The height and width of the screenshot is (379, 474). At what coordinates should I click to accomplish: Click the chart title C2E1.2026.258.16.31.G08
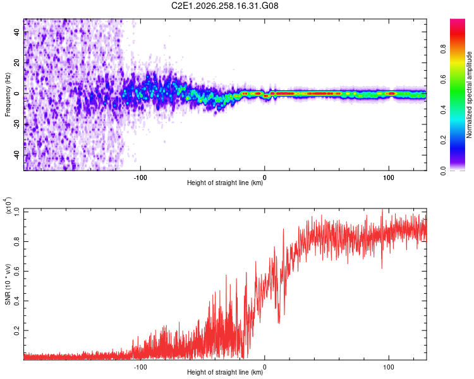pyautogui.click(x=224, y=6)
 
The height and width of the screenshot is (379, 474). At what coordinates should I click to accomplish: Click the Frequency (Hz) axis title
pyautogui.click(x=8, y=95)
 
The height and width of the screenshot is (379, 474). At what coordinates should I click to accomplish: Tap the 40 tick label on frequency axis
pyautogui.click(x=16, y=32)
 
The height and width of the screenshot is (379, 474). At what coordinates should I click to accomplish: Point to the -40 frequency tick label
pyautogui.click(x=16, y=155)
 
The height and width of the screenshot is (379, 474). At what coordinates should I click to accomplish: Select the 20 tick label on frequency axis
pyautogui.click(x=16, y=63)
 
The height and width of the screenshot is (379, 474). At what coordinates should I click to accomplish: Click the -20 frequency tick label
pyautogui.click(x=16, y=124)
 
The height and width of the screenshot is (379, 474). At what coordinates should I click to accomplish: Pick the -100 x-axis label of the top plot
pyautogui.click(x=140, y=177)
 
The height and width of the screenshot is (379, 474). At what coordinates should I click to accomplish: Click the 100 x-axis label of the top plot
pyautogui.click(x=389, y=177)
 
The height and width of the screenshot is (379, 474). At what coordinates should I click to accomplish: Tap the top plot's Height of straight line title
pyautogui.click(x=225, y=183)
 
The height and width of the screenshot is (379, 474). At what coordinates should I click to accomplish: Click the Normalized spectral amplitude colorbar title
pyautogui.click(x=469, y=95)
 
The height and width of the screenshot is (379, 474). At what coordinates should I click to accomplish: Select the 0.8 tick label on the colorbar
pyautogui.click(x=443, y=49)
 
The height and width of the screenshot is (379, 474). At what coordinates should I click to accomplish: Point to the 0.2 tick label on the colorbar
pyautogui.click(x=443, y=140)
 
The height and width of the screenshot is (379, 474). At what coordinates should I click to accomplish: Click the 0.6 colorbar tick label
pyautogui.click(x=443, y=79)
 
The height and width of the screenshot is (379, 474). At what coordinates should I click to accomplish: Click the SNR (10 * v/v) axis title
pyautogui.click(x=8, y=284)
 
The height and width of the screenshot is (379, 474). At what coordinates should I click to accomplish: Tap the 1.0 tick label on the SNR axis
pyautogui.click(x=16, y=212)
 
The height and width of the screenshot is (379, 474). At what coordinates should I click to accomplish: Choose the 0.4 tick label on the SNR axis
pyautogui.click(x=16, y=301)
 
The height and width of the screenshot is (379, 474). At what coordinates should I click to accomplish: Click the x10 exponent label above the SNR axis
pyautogui.click(x=8, y=205)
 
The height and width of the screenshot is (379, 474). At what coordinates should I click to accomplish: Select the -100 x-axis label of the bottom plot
pyautogui.click(x=140, y=367)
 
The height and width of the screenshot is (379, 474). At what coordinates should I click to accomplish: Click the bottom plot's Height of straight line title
pyautogui.click(x=225, y=372)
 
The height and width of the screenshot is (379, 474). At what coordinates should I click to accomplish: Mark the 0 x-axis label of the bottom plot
pyautogui.click(x=265, y=367)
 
